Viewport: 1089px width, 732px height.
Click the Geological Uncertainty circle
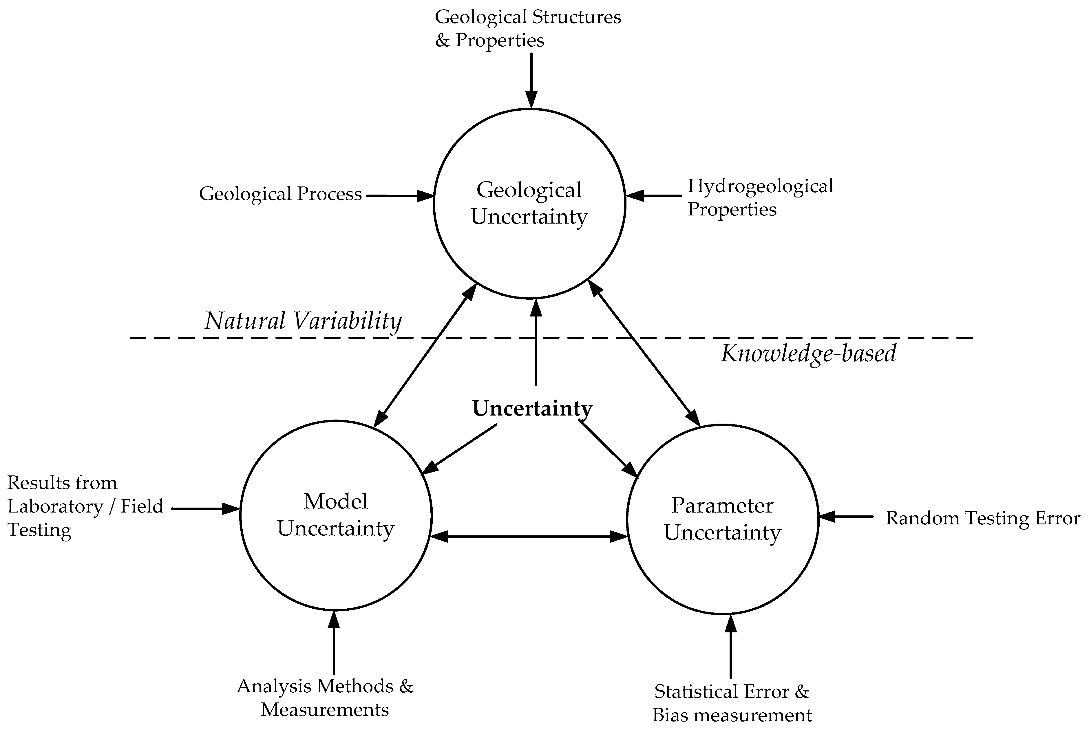click(529, 204)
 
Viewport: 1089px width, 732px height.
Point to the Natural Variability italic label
click(303, 321)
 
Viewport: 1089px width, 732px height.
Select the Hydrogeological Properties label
click(760, 197)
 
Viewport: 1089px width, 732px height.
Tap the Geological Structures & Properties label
click(528, 28)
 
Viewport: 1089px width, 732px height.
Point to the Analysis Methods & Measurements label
click(325, 698)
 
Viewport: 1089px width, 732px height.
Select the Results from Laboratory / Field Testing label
click(85, 506)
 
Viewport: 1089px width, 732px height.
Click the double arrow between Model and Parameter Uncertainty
click(529, 537)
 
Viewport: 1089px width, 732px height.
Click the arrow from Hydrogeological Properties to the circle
click(654, 196)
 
